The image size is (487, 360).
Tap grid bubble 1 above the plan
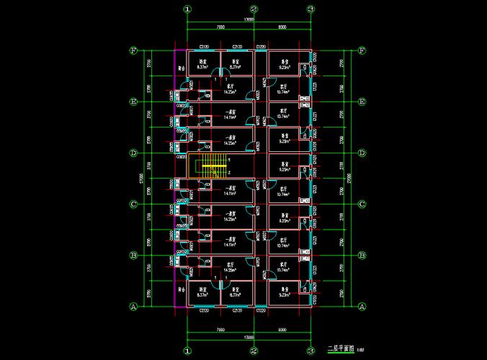[x=187, y=10]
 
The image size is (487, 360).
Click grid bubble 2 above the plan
[x=254, y=10]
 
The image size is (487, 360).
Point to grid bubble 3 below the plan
[x=310, y=351]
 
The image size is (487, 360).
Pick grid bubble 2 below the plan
[x=254, y=351]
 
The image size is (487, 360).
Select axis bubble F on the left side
[x=133, y=51]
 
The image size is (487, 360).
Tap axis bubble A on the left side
[x=133, y=307]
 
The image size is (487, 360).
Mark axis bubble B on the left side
[x=133, y=256]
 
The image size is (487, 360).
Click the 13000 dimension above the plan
[x=249, y=21]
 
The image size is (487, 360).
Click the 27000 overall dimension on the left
[x=141, y=179]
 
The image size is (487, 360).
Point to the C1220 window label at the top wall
[x=262, y=46]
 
